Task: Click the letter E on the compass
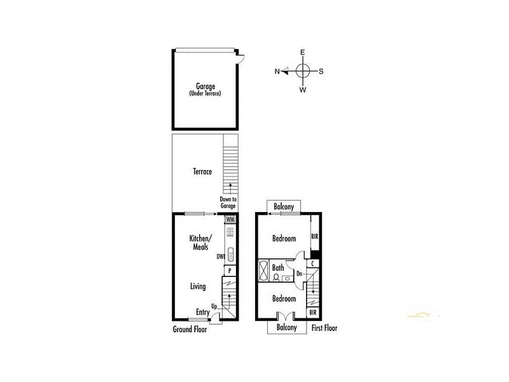(x=303, y=52)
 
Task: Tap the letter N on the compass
(x=277, y=71)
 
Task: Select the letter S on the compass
(x=321, y=71)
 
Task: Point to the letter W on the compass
(x=303, y=90)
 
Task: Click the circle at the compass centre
(x=303, y=71)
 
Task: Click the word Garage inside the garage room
(x=205, y=87)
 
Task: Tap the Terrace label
(x=203, y=172)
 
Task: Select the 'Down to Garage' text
(x=228, y=202)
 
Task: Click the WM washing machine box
(x=230, y=219)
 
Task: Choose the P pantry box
(x=230, y=271)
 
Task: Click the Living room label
(x=198, y=286)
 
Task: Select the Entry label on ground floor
(x=202, y=312)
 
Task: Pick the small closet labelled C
(x=313, y=263)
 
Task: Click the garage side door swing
(x=240, y=59)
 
